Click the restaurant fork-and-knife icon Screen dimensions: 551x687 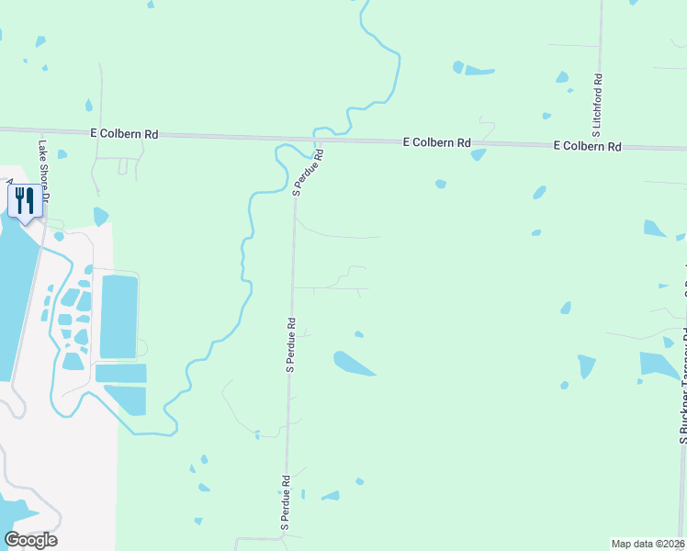[x=24, y=200]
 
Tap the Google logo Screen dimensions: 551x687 [x=30, y=540]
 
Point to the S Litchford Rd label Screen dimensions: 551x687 [x=597, y=100]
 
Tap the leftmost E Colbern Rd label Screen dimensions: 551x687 [x=124, y=134]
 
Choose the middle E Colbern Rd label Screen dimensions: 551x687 [x=437, y=143]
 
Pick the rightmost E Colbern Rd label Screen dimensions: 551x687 [x=587, y=146]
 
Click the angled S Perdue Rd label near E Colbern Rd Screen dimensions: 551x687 [x=308, y=173]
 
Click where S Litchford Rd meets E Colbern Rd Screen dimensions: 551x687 [x=600, y=146]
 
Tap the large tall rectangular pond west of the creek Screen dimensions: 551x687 [x=118, y=316]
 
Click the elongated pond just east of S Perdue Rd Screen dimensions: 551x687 [x=354, y=364]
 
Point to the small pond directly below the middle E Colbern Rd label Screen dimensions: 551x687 [x=478, y=155]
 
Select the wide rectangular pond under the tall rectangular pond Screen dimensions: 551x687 [x=120, y=374]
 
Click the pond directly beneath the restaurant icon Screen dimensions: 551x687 [x=100, y=217]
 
